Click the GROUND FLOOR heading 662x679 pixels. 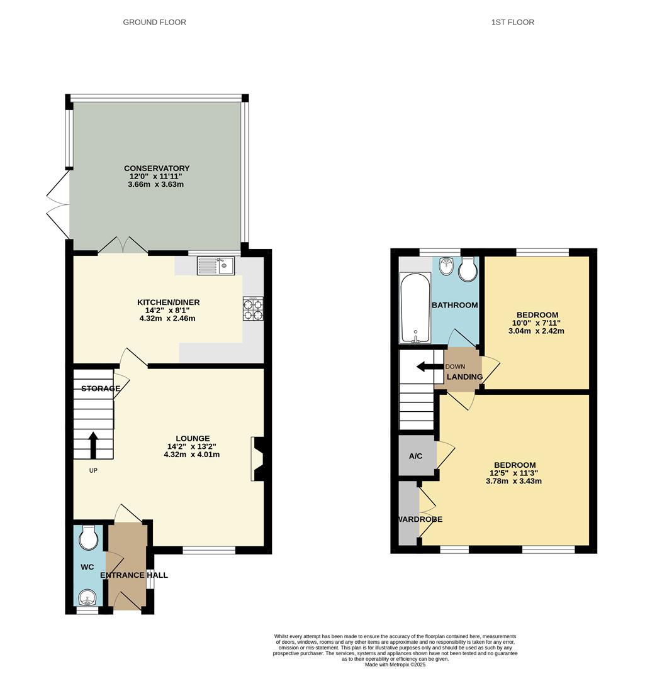[154, 22]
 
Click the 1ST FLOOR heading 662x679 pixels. [512, 22]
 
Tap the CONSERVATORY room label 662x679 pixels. [157, 168]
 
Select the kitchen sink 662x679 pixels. [215, 266]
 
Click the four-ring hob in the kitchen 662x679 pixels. [253, 309]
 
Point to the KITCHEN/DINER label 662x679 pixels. [168, 302]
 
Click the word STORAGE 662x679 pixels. [101, 389]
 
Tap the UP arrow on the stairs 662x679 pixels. [93, 444]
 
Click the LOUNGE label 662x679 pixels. [193, 438]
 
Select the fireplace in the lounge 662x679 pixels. [257, 459]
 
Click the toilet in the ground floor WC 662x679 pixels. [89, 538]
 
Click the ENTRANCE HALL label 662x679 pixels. [133, 575]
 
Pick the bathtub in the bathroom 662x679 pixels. [415, 307]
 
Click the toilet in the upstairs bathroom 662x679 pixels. [468, 269]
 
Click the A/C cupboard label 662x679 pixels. [415, 456]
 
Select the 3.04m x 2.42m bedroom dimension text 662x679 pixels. [536, 331]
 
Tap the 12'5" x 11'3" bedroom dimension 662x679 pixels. [513, 473]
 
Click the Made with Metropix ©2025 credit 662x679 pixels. [395, 665]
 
